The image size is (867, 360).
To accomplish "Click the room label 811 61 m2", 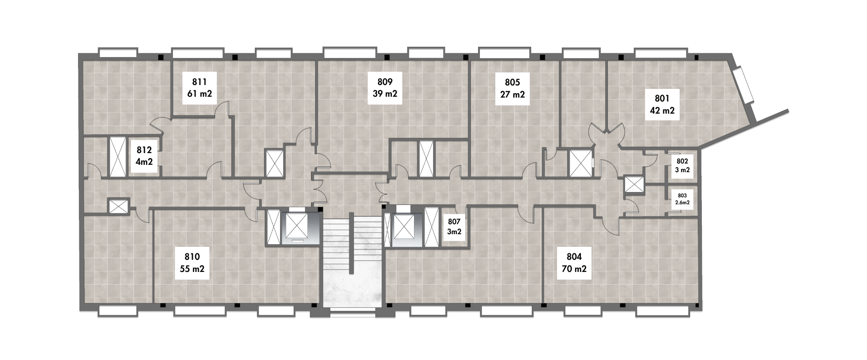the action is coord(199,88).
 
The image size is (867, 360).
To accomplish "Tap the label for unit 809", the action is coord(385,88).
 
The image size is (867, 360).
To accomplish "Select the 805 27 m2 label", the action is coord(512,88).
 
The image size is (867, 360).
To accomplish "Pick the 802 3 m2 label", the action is coord(682,165).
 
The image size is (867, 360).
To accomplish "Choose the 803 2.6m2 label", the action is coord(682,199).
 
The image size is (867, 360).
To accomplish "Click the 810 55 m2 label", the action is coord(192,263).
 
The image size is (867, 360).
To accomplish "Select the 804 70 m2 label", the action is coord(574,263).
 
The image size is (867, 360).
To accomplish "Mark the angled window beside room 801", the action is coord(745,85).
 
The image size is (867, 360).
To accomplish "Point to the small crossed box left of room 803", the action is coord(634,184).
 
